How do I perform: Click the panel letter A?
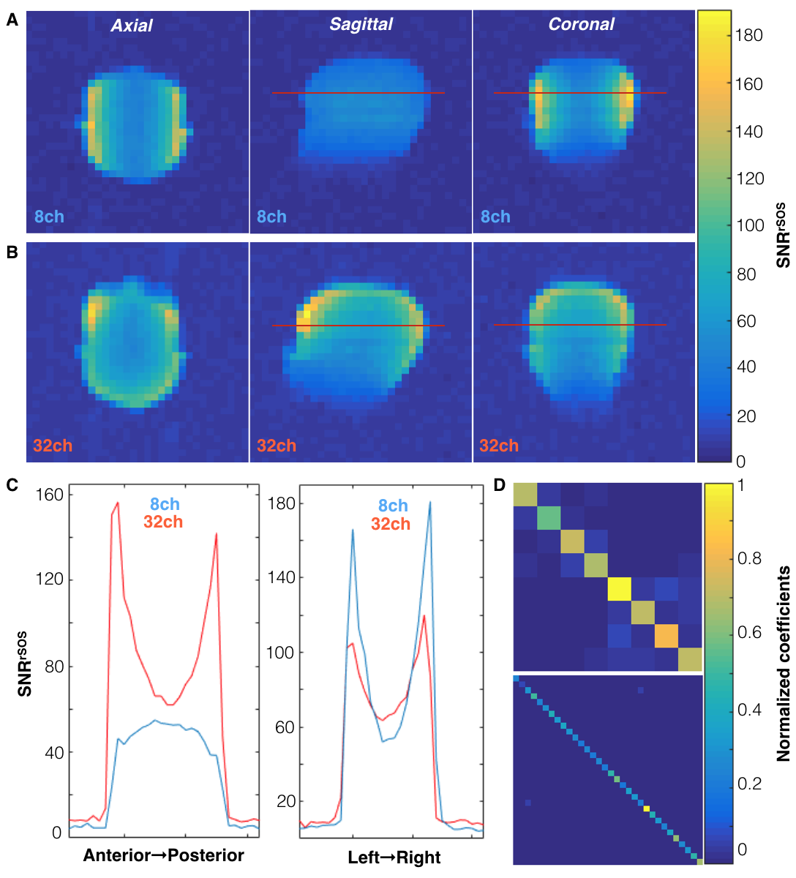tap(12, 21)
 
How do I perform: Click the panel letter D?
tap(500, 484)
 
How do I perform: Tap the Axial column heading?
tap(132, 26)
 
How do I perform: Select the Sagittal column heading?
tap(361, 24)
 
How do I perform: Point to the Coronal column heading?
tap(582, 24)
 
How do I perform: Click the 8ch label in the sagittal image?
tap(271, 217)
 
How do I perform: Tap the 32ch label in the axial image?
tap(53, 446)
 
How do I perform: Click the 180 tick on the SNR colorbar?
tap(748, 35)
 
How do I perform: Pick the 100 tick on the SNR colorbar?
tap(749, 225)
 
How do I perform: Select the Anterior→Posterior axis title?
tap(164, 855)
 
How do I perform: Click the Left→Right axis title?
tap(394, 858)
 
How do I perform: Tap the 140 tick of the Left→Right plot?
tap(282, 577)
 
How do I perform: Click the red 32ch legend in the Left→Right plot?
tap(390, 524)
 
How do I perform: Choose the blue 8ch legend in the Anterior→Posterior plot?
tap(165, 504)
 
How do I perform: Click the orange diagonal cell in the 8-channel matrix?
tap(666, 635)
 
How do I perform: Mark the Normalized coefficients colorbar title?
tap(784, 664)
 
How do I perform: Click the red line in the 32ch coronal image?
tap(580, 325)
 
